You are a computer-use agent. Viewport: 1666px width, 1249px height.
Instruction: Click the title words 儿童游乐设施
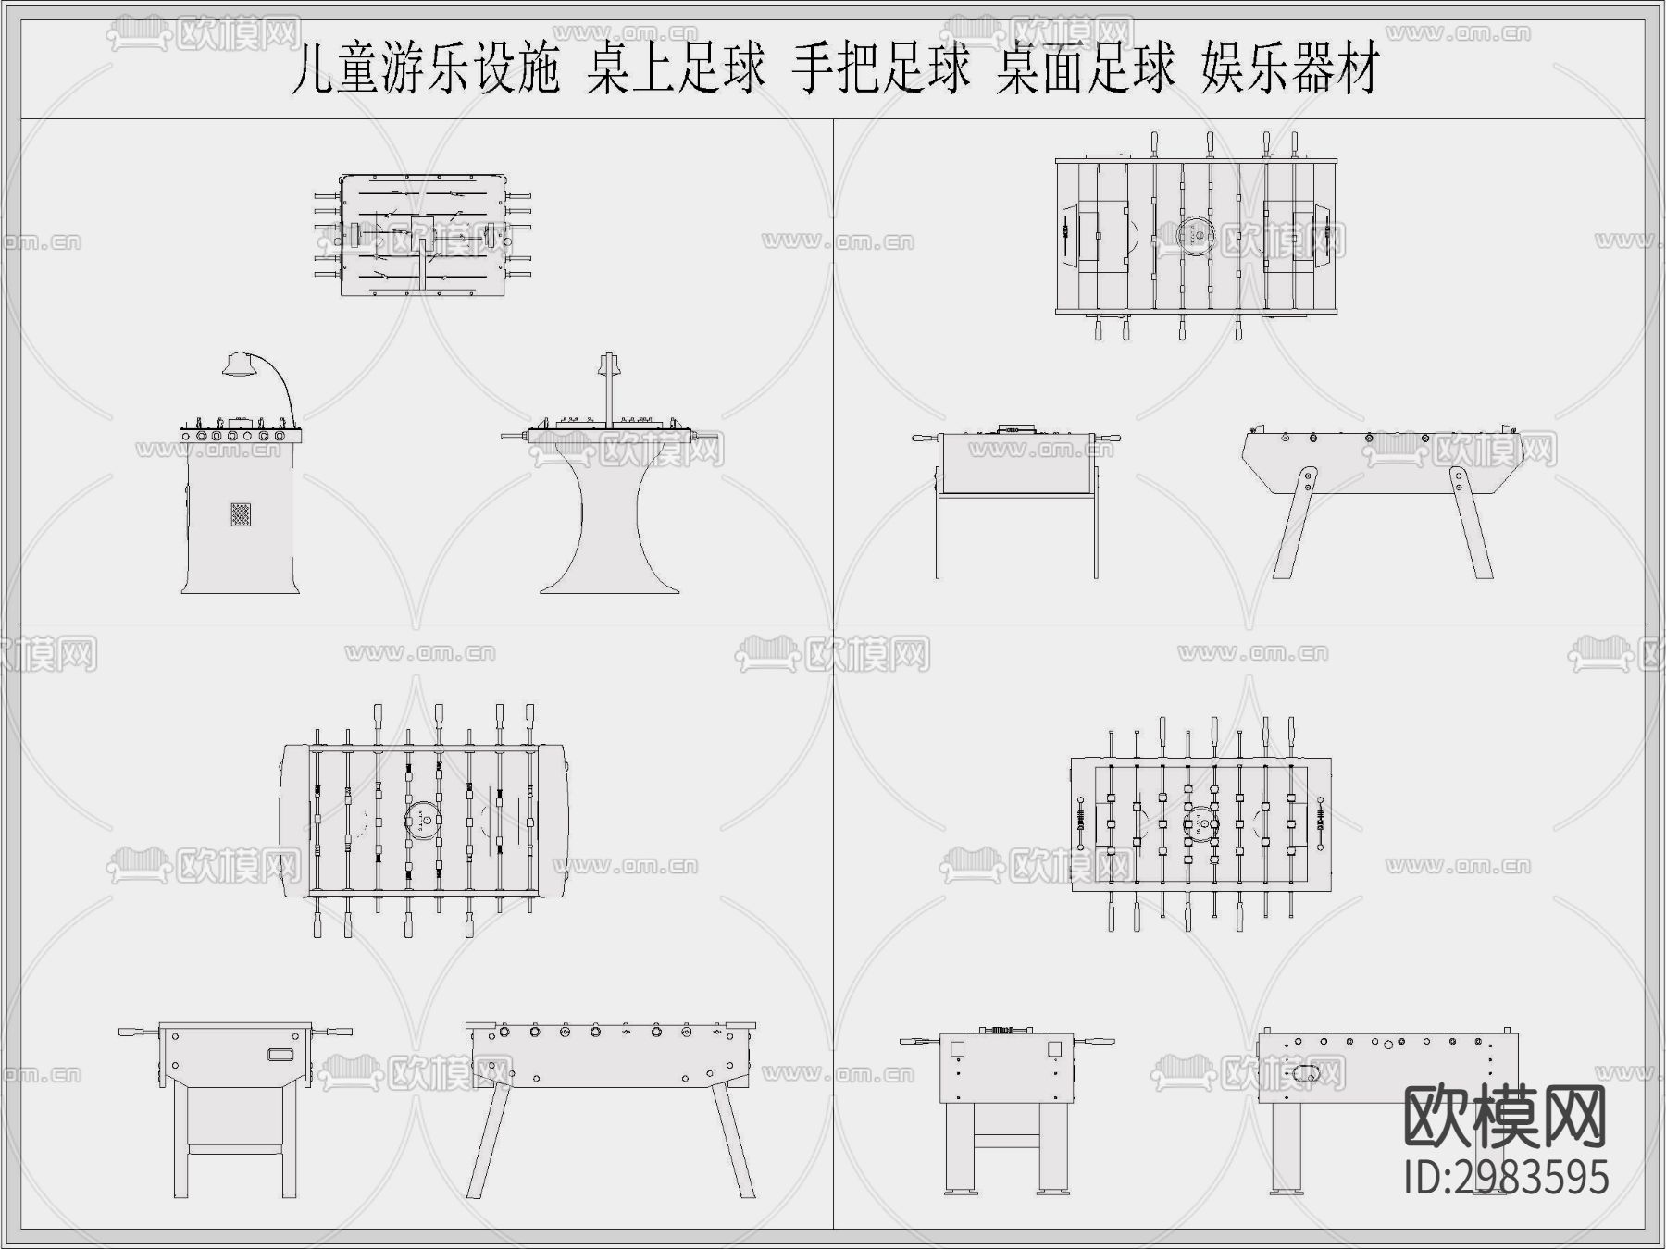pyautogui.click(x=425, y=70)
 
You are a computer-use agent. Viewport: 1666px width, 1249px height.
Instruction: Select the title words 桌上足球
pyautogui.click(x=677, y=70)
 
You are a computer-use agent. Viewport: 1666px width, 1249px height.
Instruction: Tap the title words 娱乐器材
pyautogui.click(x=1290, y=70)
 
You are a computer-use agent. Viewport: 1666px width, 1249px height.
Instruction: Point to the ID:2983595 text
pyautogui.click(x=1506, y=1178)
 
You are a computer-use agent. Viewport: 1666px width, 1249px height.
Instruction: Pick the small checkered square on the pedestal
pyautogui.click(x=241, y=514)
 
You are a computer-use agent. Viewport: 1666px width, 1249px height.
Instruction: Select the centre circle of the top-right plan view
pyautogui.click(x=1196, y=234)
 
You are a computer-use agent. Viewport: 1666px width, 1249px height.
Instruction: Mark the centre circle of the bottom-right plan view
pyautogui.click(x=1200, y=821)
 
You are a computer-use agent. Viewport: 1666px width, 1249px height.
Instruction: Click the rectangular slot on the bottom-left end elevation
pyautogui.click(x=280, y=1054)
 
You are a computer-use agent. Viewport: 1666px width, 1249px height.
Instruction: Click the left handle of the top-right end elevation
pyautogui.click(x=925, y=438)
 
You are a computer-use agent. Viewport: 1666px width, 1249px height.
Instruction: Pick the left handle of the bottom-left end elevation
pyautogui.click(x=138, y=1030)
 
